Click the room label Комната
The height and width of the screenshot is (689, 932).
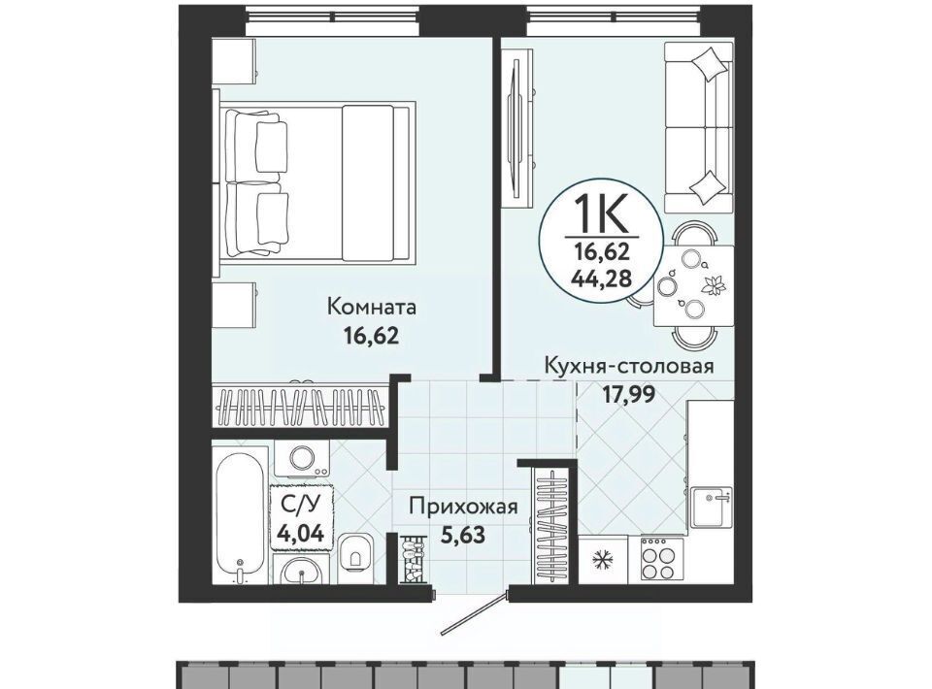pos(372,307)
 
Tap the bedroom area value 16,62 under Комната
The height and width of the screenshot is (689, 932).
pos(370,336)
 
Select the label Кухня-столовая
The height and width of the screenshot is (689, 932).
pos(629,365)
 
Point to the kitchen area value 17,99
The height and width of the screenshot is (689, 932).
pos(629,394)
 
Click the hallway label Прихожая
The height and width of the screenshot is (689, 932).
pos(464,507)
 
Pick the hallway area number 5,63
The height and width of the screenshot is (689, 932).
pos(463,535)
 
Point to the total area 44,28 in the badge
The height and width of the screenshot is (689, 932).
pos(602,278)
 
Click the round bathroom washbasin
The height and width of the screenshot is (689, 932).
pos(303,574)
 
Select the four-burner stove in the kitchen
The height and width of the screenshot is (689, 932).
pos(662,561)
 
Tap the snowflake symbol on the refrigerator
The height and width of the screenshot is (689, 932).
pos(602,561)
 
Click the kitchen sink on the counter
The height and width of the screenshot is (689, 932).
pos(712,509)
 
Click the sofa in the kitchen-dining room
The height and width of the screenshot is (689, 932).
pos(698,127)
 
